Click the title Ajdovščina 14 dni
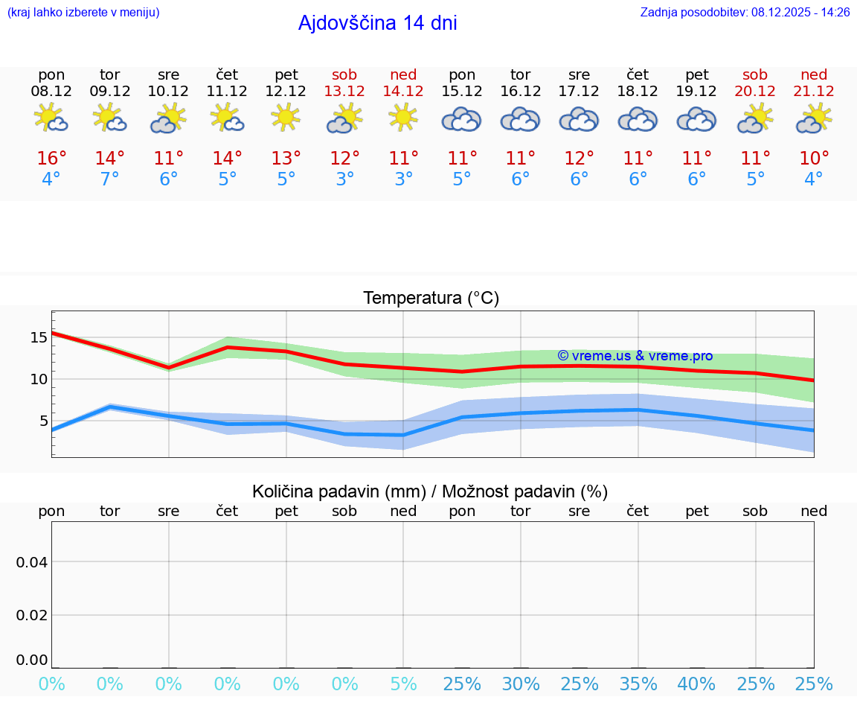point(377,23)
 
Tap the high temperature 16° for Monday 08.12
point(51,159)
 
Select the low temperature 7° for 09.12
point(110,179)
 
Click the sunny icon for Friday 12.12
point(286,118)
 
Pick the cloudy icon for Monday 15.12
point(461,119)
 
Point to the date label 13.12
point(344,91)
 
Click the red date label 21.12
point(814,91)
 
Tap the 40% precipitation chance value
point(696,684)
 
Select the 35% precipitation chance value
point(638,684)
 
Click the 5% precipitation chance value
point(403,684)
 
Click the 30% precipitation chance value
point(521,684)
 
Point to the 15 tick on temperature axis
point(38,337)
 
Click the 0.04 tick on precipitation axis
point(32,562)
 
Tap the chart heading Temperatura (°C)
point(431,299)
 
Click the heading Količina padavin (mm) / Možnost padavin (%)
point(430,491)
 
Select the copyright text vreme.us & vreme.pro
point(635,356)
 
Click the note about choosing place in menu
point(83,13)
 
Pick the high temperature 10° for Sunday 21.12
point(814,159)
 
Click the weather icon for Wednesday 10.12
point(168,118)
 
